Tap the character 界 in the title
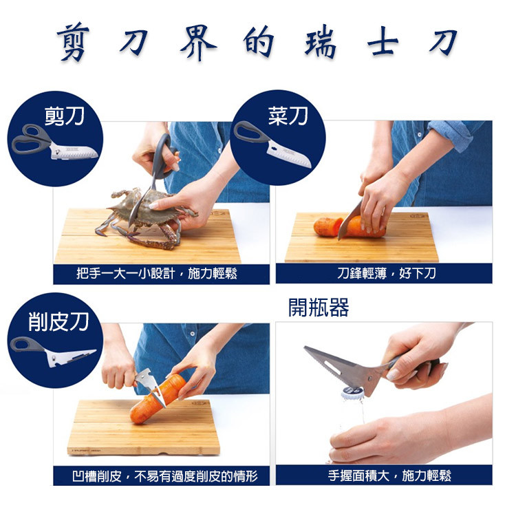coord(198,43)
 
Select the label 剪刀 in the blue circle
coord(65,116)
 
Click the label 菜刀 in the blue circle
coord(288,116)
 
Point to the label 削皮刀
coord(58,322)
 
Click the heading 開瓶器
coord(319,308)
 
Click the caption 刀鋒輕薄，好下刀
coord(387,273)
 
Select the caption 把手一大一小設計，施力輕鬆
coord(157,274)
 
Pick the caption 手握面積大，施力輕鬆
coord(389,476)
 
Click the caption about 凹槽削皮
coord(165,476)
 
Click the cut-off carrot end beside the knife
coord(326,226)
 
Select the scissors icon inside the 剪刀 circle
coord(54,142)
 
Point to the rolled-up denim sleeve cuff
coord(457,135)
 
